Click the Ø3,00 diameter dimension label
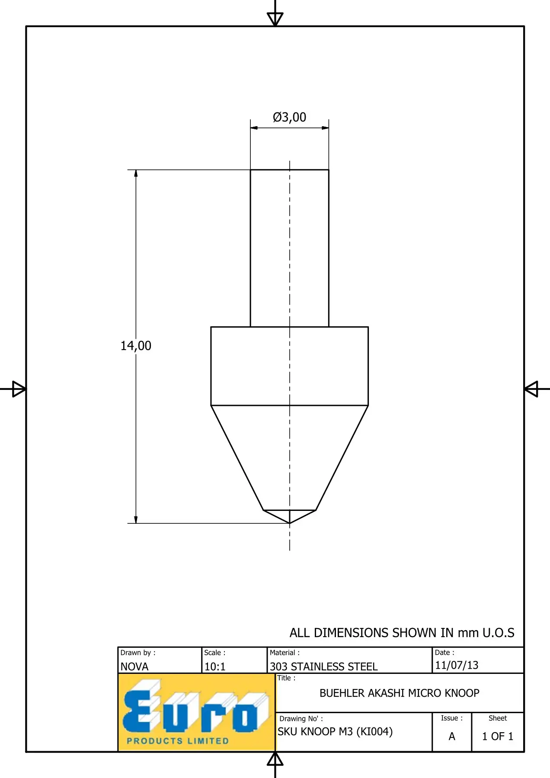click(x=289, y=117)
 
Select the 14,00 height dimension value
click(x=136, y=346)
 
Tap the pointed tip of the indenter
click(x=290, y=523)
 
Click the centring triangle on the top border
click(x=275, y=19)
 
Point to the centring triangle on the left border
click(x=19, y=389)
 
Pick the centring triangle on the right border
click(x=531, y=389)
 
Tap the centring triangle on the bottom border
click(x=275, y=759)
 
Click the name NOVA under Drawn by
click(x=134, y=666)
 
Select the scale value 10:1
click(x=215, y=666)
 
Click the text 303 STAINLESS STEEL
click(x=324, y=666)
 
